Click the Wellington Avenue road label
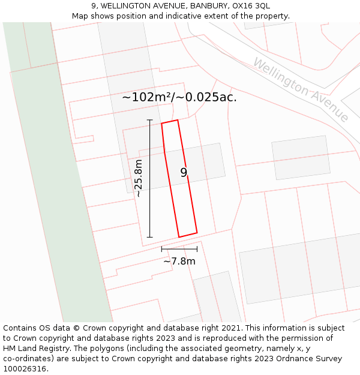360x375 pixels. coord(301,89)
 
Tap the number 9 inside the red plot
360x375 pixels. coord(184,173)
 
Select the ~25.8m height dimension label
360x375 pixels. coord(139,178)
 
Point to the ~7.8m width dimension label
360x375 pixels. coord(179,261)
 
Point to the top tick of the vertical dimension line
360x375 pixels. coord(149,120)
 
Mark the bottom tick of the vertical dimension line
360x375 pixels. coord(149,237)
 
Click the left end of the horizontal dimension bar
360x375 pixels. coord(161,248)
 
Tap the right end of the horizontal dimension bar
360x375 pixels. coord(197,248)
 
